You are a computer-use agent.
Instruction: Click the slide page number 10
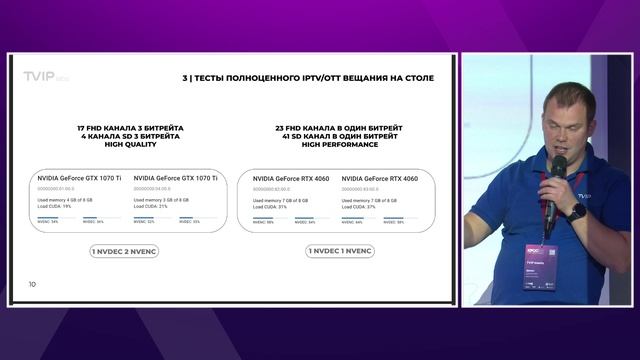tap(32, 285)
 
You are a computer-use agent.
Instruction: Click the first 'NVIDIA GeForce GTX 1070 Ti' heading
tap(79, 177)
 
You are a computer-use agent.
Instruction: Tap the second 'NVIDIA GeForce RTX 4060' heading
tap(379, 177)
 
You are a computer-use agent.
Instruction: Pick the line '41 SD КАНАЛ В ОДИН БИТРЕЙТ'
tap(339, 136)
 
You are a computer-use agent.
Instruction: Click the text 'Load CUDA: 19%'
tap(58, 205)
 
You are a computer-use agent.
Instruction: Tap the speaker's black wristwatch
tap(577, 211)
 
